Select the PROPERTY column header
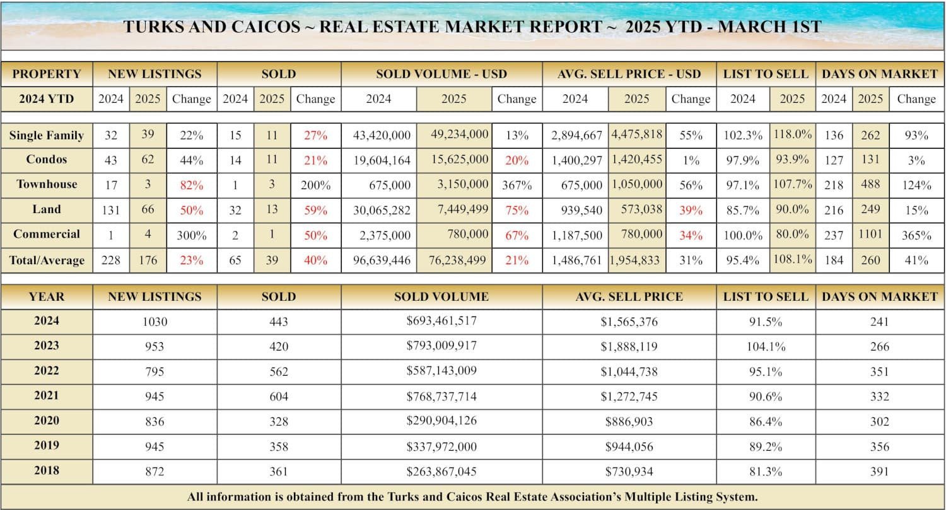click(47, 74)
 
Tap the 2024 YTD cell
click(47, 99)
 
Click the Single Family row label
click(47, 136)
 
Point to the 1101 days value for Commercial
click(870, 235)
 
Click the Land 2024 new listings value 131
click(111, 210)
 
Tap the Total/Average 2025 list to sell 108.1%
click(792, 259)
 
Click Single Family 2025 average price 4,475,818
click(637, 135)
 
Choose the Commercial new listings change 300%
click(191, 235)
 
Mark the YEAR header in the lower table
click(47, 296)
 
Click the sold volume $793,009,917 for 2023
click(441, 346)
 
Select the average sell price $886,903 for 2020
click(629, 421)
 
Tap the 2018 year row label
click(47, 471)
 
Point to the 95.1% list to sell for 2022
click(766, 371)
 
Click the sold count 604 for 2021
click(278, 396)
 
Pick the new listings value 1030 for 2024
click(155, 322)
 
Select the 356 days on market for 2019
click(879, 446)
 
